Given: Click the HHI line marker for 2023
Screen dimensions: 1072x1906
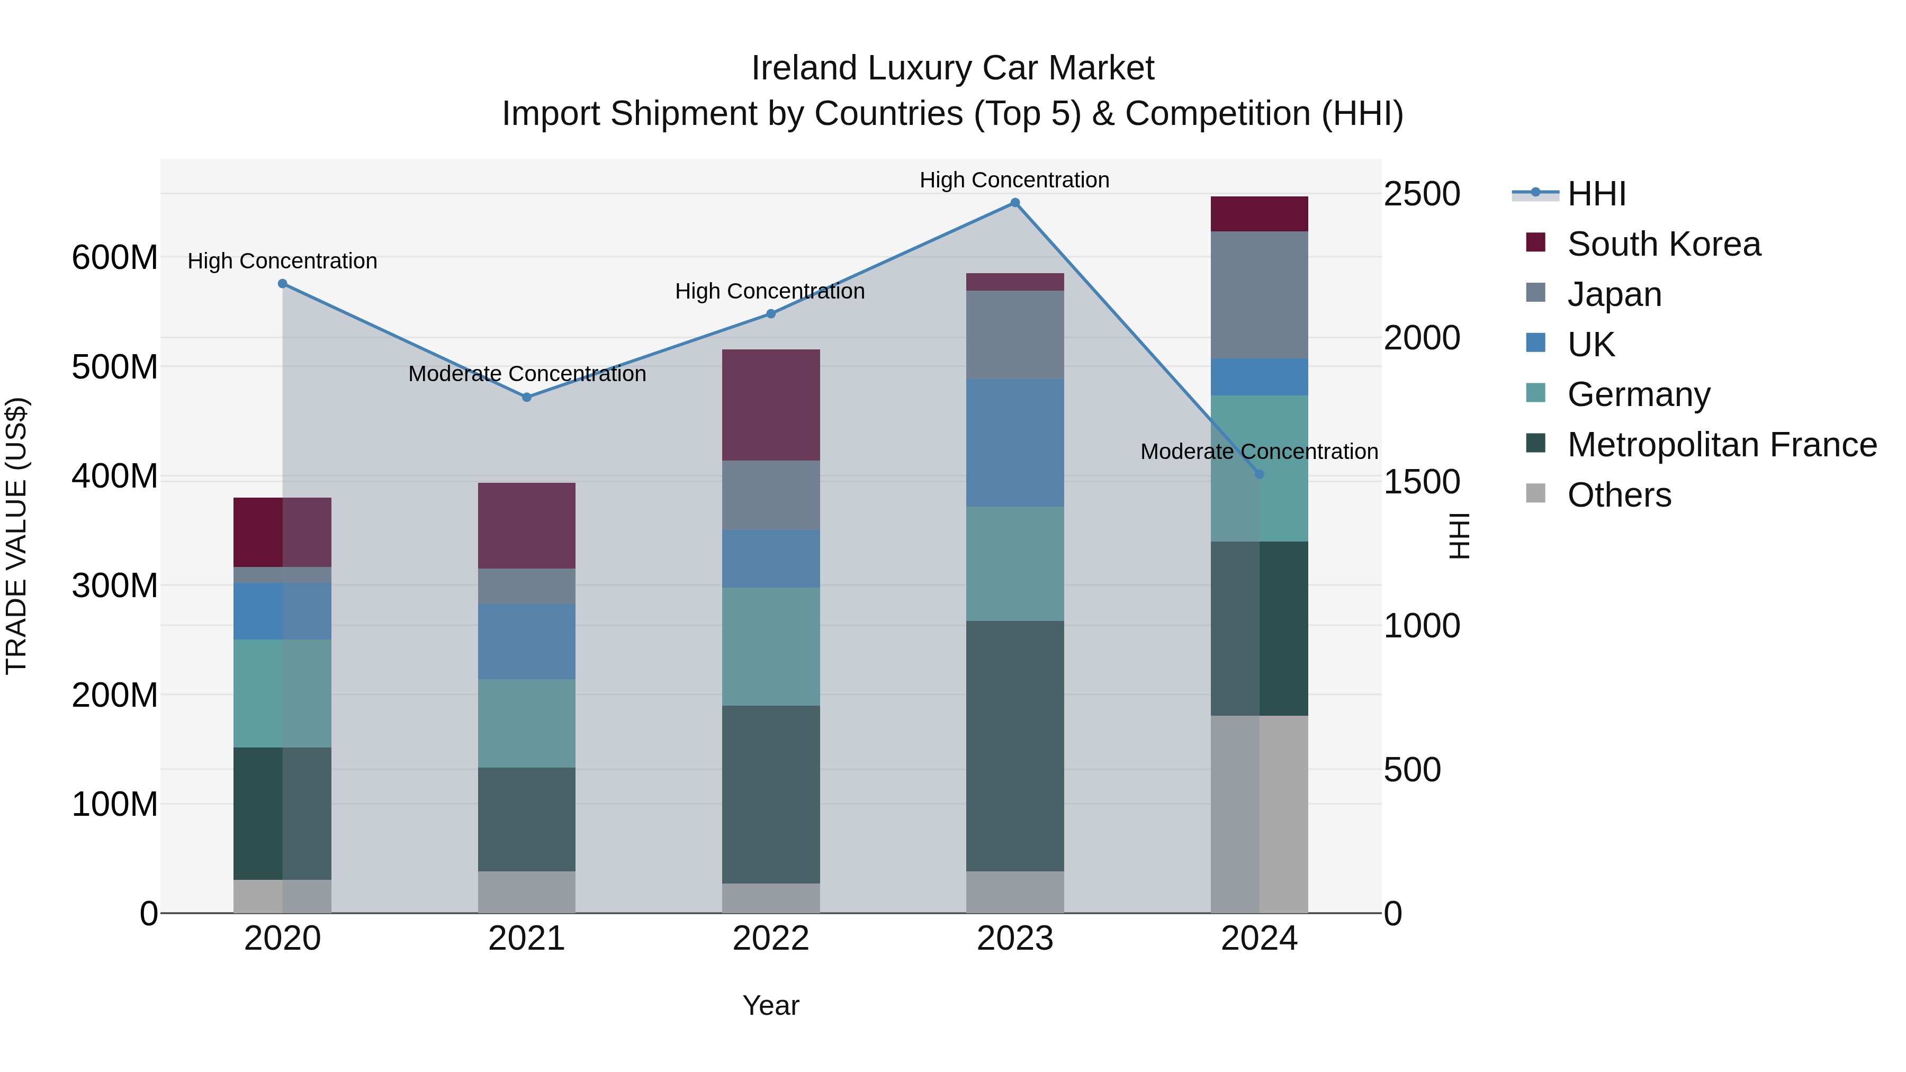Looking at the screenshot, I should click(1015, 203).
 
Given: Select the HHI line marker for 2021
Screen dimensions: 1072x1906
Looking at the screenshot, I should click(527, 397).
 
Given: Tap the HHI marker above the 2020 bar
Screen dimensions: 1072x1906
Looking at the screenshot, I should click(283, 283).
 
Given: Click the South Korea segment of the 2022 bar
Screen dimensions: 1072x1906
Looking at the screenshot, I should click(770, 404).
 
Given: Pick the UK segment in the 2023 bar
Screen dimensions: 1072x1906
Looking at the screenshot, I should click(1014, 443).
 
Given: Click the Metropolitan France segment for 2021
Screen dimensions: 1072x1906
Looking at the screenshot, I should click(526, 819).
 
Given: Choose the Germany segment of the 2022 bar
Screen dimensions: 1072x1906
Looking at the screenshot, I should click(770, 646).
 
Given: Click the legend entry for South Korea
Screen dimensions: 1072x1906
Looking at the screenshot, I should click(1664, 244).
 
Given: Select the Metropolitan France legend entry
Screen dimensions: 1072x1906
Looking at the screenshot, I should click(1721, 445).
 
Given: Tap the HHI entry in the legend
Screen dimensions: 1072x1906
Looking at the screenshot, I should click(1596, 194).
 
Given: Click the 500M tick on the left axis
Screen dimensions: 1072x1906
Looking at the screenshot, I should click(115, 367).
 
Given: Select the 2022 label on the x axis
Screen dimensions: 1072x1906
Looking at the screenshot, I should click(770, 939).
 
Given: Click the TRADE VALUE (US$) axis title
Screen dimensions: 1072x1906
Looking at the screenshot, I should click(16, 536).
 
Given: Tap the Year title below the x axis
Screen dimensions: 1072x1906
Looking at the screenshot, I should click(770, 1005).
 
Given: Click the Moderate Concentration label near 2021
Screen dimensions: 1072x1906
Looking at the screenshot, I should click(527, 374).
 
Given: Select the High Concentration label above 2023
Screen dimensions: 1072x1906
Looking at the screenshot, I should click(1014, 180).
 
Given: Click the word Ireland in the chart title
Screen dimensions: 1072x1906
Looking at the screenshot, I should click(804, 68).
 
